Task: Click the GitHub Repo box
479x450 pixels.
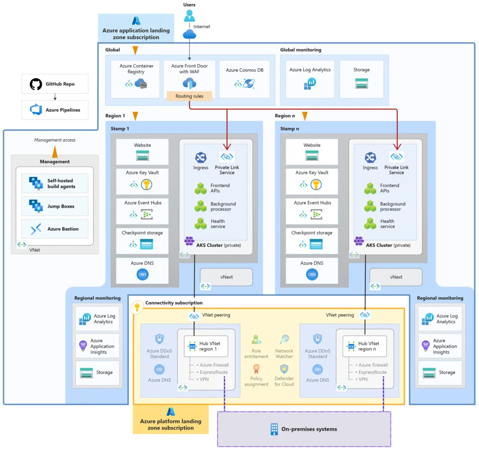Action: coord(55,84)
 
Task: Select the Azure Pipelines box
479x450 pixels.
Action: coord(55,110)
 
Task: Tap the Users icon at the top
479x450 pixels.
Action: coord(189,16)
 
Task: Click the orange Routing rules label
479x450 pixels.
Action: coord(189,96)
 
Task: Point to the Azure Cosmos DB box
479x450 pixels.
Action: coord(244,79)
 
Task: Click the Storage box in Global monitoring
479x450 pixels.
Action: coord(361,79)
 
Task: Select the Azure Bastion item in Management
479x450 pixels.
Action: coord(55,229)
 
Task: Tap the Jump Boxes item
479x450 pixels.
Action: coord(55,206)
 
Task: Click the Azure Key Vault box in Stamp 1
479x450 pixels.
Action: coord(142,181)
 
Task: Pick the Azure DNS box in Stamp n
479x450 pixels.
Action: coord(312,271)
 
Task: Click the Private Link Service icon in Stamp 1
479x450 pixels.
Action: coord(226,157)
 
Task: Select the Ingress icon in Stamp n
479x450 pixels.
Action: coord(370,158)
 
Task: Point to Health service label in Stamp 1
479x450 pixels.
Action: coord(218,224)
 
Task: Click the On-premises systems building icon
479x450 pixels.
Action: coord(274,429)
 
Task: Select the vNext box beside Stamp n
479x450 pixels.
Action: coord(396,277)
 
